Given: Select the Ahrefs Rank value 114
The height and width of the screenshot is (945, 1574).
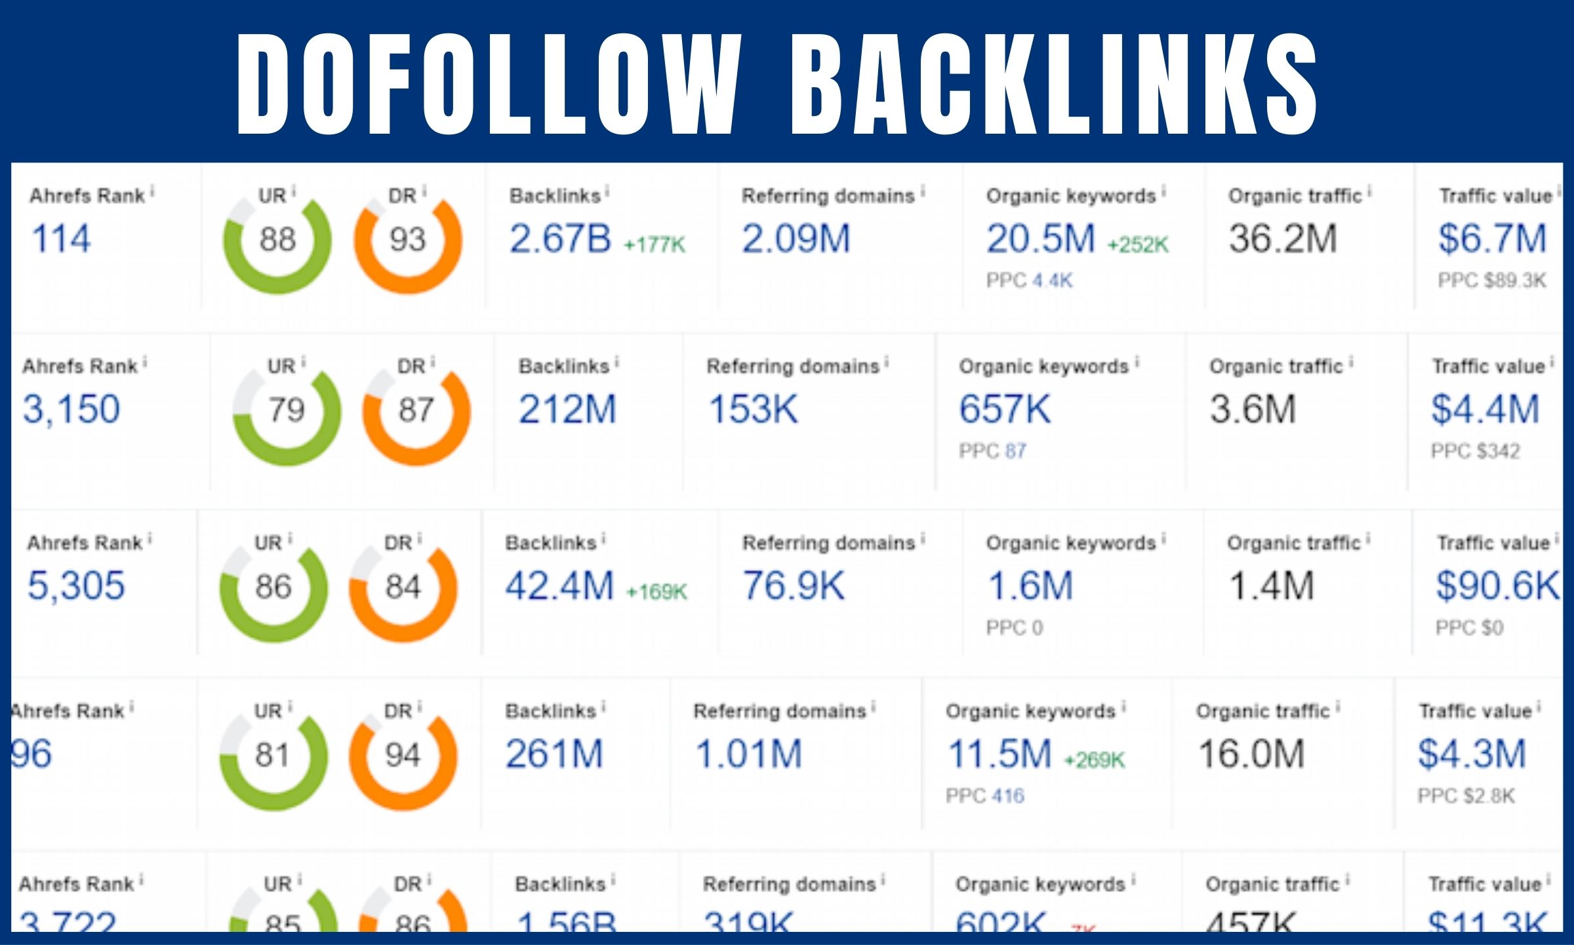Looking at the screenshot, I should point(61,239).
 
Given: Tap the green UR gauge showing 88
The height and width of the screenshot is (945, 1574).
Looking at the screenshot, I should point(277,240).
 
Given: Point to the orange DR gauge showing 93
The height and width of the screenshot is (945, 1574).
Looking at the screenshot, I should point(408,240).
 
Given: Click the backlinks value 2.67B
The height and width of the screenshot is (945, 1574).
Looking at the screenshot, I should point(560,239).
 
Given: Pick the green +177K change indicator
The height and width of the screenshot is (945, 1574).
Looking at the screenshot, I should point(655,245).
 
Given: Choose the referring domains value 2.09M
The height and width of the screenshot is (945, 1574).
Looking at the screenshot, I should point(796,239).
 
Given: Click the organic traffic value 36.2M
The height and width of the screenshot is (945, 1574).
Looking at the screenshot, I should point(1282,239).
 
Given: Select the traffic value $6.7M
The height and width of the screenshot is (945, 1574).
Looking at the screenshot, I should point(1492,239).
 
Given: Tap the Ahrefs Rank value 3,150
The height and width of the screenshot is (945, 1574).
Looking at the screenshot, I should point(71,409).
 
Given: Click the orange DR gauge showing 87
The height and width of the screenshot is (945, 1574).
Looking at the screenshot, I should point(416,411).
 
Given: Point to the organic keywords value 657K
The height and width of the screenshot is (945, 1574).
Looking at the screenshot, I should point(1005,409).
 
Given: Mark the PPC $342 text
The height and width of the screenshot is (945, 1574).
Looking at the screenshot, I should point(1475,452).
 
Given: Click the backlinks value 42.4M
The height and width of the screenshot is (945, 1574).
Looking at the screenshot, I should point(559,586).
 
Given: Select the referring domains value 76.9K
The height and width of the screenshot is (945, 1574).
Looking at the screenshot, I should point(794,586).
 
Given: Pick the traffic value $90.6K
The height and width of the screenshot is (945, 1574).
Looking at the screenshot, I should point(1497,586).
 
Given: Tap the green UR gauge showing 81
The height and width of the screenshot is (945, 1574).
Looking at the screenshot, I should point(273,756).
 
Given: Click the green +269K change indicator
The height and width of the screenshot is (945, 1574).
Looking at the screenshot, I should point(1094,760).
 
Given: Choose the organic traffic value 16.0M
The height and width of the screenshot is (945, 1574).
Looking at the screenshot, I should point(1251,754).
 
